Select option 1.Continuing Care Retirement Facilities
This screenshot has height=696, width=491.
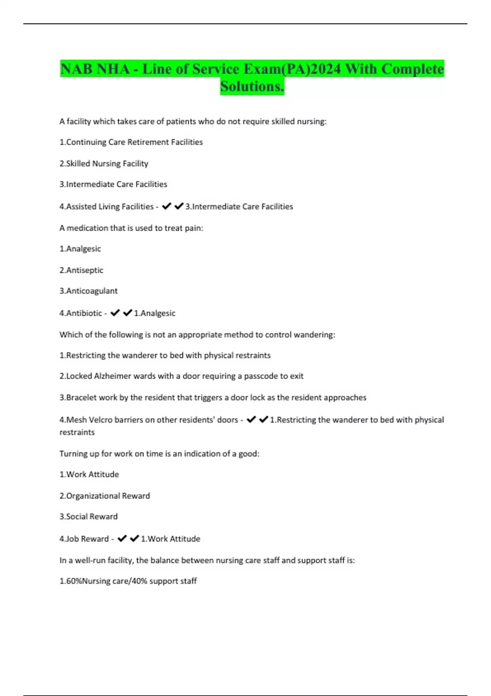pyautogui.click(x=131, y=142)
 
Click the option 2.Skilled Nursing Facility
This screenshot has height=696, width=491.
pyautogui.click(x=104, y=163)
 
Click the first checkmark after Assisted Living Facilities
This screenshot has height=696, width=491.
pyautogui.click(x=166, y=206)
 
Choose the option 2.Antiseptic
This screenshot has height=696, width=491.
pyautogui.click(x=81, y=270)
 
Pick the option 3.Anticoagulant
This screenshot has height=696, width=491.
pyautogui.click(x=88, y=291)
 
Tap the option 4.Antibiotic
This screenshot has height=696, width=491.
pyautogui.click(x=81, y=313)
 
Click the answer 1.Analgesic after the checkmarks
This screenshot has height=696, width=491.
pyautogui.click(x=155, y=313)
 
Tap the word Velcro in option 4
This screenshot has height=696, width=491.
pyautogui.click(x=100, y=420)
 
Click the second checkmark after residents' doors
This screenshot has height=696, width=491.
pyautogui.click(x=264, y=419)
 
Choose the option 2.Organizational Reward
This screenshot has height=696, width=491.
pyautogui.click(x=105, y=496)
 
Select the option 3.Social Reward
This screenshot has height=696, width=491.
pyautogui.click(x=88, y=517)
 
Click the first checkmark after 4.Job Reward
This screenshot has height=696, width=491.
pyautogui.click(x=122, y=539)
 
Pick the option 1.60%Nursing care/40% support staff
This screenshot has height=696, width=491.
pyautogui.click(x=128, y=581)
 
